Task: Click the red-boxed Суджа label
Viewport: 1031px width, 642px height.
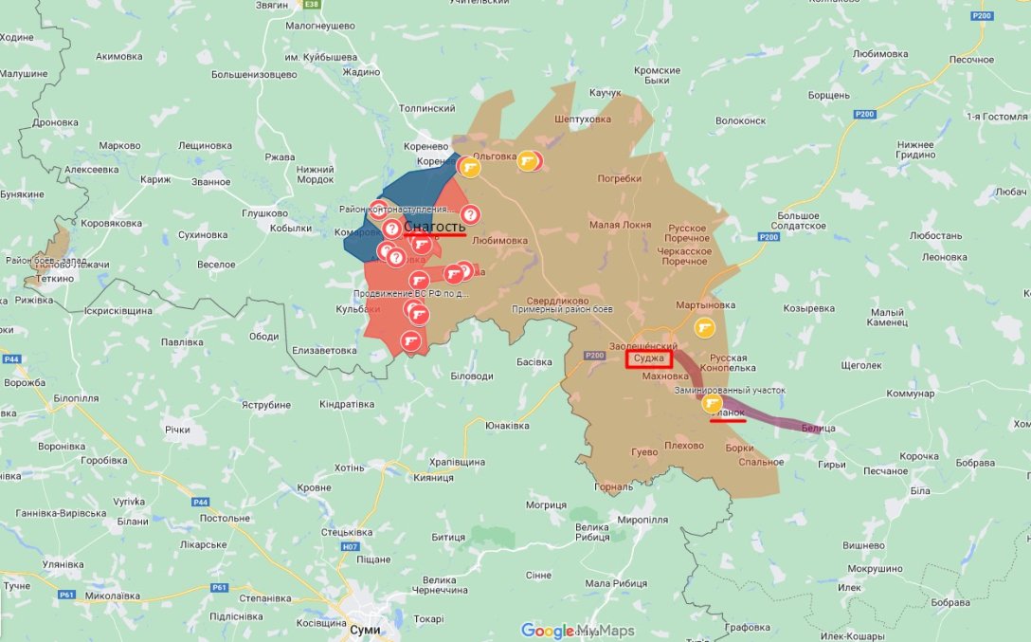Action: (649, 359)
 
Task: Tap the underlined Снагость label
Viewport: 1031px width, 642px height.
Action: (434, 228)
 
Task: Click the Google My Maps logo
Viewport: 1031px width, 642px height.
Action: (578, 631)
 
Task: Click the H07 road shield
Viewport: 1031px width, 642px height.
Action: (352, 547)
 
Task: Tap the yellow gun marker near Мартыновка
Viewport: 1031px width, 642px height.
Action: (704, 328)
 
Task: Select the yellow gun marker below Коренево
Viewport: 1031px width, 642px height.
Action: (469, 168)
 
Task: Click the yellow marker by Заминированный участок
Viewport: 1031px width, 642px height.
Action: (712, 403)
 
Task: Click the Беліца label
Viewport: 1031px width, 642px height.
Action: (818, 429)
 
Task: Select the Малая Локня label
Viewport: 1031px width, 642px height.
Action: (620, 225)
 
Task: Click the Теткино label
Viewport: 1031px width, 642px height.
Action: (55, 280)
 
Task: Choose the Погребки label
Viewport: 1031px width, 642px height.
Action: (619, 178)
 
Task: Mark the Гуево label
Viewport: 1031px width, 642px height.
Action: (644, 452)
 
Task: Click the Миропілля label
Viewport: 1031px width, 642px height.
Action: (642, 521)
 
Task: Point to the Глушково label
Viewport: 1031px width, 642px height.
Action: (264, 213)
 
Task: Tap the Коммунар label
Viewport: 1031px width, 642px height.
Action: (910, 394)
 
